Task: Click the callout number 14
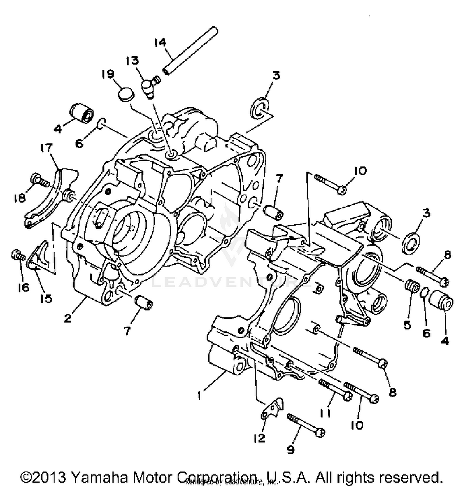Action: coord(160,42)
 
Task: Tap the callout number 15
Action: coord(45,299)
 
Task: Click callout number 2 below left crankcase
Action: coord(68,318)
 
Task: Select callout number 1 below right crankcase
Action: coord(200,395)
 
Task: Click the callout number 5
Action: coord(407,325)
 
